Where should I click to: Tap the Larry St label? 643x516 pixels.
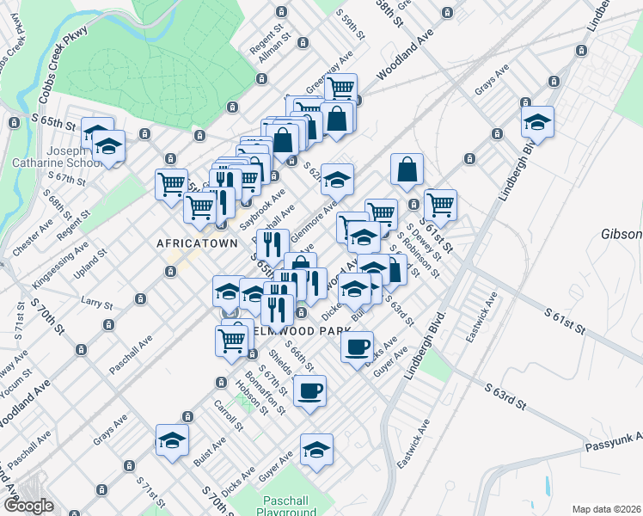(96, 303)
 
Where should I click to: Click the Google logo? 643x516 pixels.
(28, 506)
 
